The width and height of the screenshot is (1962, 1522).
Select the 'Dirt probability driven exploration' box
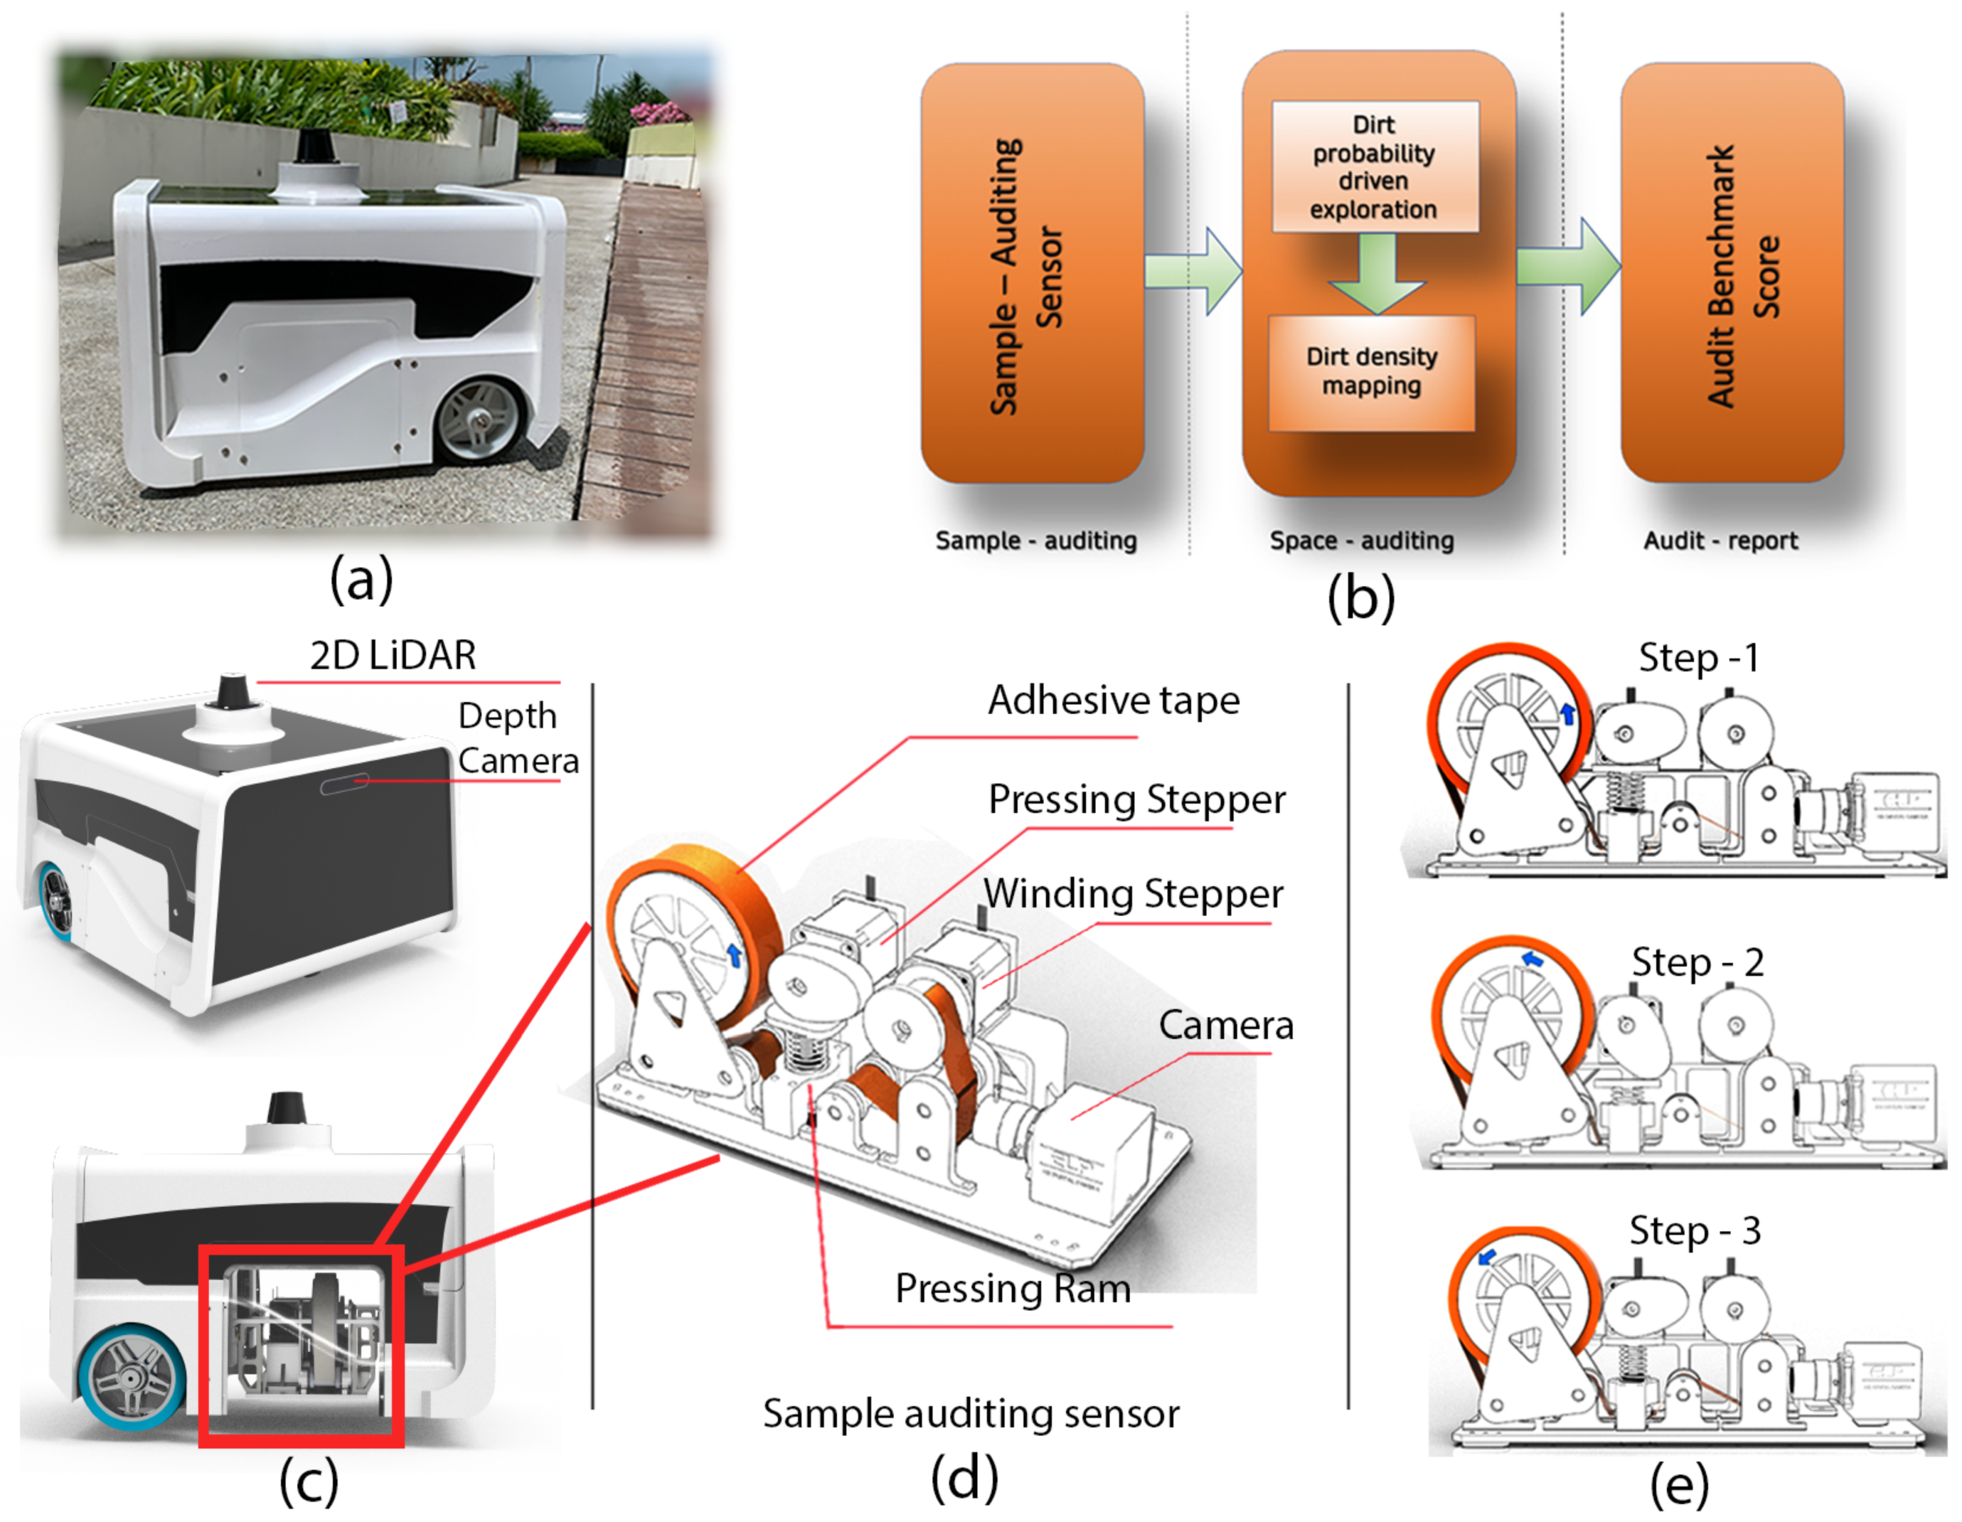pyautogui.click(x=1374, y=167)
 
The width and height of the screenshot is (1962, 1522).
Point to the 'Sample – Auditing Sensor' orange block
pyautogui.click(x=1031, y=274)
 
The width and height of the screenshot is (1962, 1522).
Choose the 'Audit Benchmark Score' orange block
pyautogui.click(x=1732, y=274)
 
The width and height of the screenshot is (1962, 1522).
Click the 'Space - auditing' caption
pyautogui.click(x=1361, y=540)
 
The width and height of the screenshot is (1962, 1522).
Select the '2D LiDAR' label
pyautogui.click(x=393, y=655)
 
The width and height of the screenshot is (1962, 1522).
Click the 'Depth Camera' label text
pyautogui.click(x=517, y=738)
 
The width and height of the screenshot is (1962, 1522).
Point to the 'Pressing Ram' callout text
pyautogui.click(x=1013, y=1288)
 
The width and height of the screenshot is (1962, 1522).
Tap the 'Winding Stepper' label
pyautogui.click(x=1133, y=894)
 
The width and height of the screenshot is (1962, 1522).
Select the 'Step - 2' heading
pyautogui.click(x=1697, y=962)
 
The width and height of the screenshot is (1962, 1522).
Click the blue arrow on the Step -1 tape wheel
pyautogui.click(x=1568, y=714)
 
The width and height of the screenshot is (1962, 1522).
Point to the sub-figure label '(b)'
pyautogui.click(x=1361, y=597)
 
